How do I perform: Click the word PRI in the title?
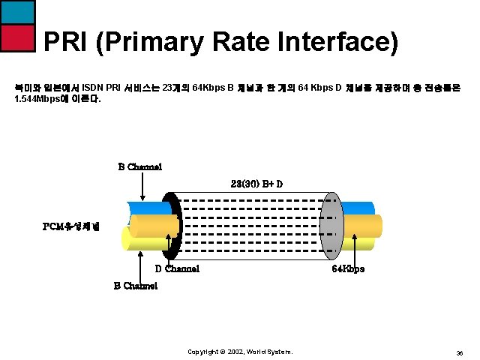(x=65, y=43)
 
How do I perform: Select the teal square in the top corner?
(x=16, y=11)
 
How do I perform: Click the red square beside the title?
(x=16, y=37)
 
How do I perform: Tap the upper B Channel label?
(x=139, y=166)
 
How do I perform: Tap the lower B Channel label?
(x=135, y=285)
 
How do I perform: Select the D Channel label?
(x=177, y=268)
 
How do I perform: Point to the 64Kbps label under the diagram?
(x=348, y=268)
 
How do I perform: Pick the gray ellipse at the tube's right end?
(x=331, y=220)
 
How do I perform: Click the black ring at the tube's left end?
(x=172, y=225)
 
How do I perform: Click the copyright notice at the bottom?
(x=239, y=351)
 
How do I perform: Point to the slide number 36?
(x=458, y=352)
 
